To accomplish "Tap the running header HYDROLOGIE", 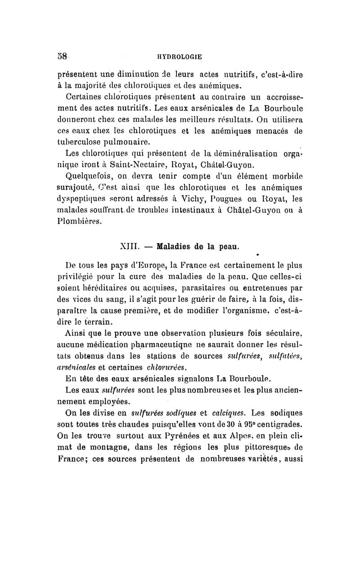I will [x=180, y=57].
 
